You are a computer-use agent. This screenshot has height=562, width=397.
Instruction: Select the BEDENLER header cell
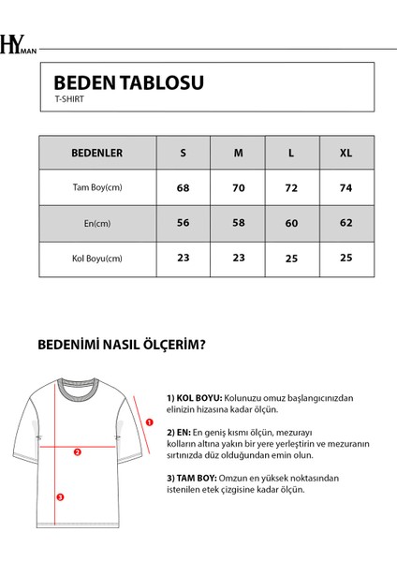pos(96,153)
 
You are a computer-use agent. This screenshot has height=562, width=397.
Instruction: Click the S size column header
pos(183,153)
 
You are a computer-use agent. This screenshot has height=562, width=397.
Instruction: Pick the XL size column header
pos(347,153)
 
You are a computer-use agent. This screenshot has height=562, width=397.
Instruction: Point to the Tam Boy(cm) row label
pos(96,187)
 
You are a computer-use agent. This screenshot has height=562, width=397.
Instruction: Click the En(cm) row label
pos(96,223)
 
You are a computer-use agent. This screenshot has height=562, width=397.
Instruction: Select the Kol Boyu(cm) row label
pos(96,259)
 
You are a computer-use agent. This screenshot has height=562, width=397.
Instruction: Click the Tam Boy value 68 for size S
pos(183,187)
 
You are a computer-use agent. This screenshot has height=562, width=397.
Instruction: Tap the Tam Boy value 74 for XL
pos(347,187)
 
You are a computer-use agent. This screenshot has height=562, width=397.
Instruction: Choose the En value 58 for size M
pos(238,223)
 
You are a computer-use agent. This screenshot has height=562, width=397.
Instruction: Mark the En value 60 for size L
pos(292,223)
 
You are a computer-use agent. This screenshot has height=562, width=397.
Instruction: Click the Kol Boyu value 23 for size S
pos(183,259)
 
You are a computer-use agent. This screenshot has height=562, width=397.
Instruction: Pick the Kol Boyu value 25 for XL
pos(347,259)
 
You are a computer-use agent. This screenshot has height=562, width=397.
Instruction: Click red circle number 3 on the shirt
pos(60,496)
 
